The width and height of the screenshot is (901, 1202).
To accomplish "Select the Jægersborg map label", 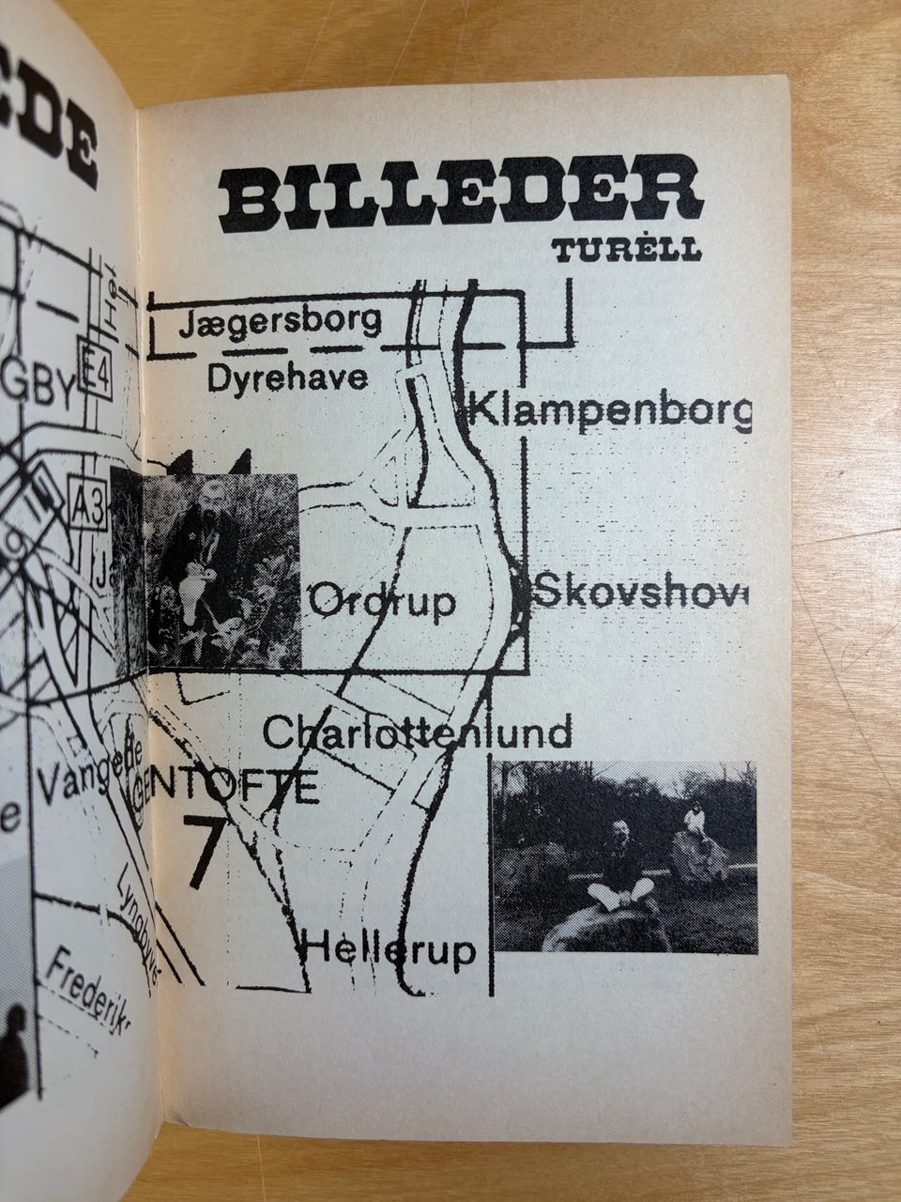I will (x=283, y=323).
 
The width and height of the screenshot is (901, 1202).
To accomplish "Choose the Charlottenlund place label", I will (x=418, y=732).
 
